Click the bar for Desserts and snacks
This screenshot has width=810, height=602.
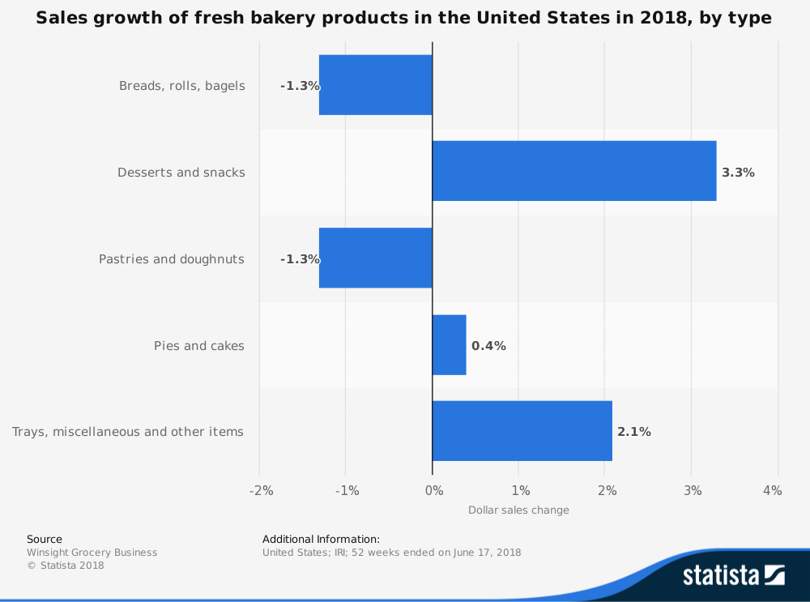point(573,171)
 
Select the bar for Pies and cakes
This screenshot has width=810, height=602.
point(449,345)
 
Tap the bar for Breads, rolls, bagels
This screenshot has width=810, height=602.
point(376,85)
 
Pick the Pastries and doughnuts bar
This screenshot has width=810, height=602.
point(376,258)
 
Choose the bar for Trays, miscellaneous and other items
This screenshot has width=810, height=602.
point(522,431)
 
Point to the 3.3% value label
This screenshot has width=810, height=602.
point(738,173)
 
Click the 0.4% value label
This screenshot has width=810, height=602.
point(488,346)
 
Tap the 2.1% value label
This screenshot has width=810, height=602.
point(633,432)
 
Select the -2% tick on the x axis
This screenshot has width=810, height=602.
point(261,490)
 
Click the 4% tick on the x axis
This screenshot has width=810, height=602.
point(772,490)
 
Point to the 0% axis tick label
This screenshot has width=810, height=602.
point(434,490)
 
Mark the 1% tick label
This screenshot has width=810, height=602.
point(520,490)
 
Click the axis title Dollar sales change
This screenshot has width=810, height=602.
point(518,510)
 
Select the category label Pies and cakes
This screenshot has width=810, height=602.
point(199,346)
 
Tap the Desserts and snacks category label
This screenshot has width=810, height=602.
point(181,173)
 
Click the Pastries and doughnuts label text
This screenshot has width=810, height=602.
point(172,259)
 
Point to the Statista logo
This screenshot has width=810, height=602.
point(733,575)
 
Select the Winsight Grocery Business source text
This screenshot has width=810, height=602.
point(92,553)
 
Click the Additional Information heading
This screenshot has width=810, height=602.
point(321,539)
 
